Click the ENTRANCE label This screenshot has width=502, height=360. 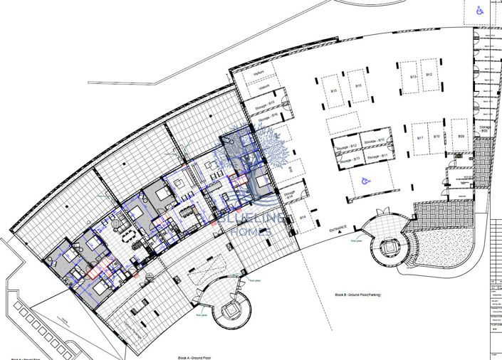[338, 229]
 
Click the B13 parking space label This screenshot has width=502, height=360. [413, 76]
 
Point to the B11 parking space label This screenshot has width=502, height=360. [421, 137]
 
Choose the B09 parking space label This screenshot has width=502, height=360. [461, 136]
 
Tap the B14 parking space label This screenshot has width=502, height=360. [303, 217]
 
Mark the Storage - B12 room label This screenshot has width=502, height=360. [344, 146]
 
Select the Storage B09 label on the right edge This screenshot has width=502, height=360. [483, 129]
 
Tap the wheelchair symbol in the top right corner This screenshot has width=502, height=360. [481, 10]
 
